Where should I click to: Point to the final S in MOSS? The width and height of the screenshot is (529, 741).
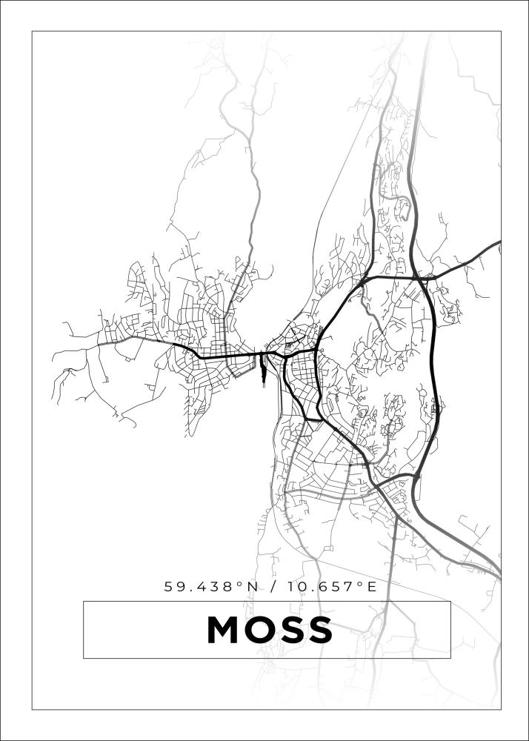[319, 630]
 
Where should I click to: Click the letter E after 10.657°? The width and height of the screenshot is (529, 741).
[373, 587]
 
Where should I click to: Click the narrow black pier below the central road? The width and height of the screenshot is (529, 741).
[262, 370]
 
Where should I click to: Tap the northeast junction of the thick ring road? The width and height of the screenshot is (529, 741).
[422, 279]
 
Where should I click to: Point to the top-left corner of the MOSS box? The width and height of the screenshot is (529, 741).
[84, 601]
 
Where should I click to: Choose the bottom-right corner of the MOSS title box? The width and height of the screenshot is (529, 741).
[450, 658]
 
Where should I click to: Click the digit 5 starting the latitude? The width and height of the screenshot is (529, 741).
[169, 587]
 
